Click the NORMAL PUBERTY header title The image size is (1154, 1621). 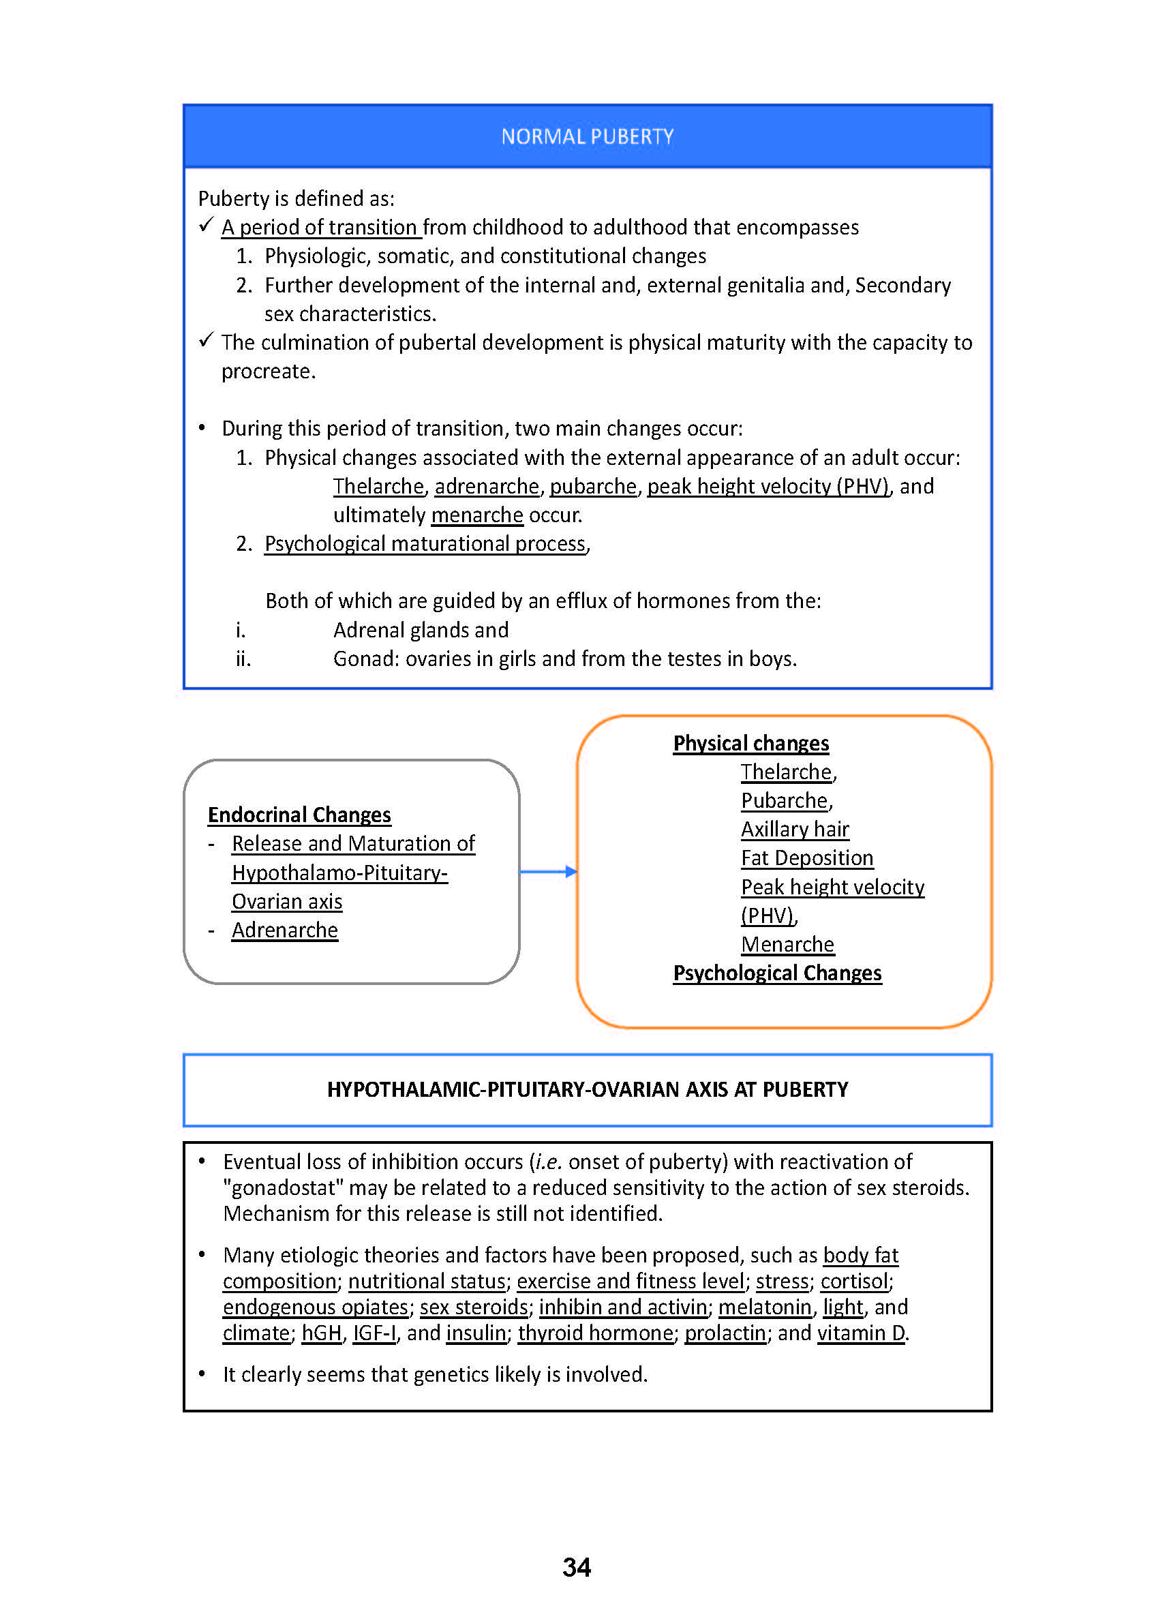(x=587, y=136)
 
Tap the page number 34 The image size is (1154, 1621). (x=576, y=1567)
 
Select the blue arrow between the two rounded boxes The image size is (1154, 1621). (x=548, y=871)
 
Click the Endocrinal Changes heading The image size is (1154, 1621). (x=299, y=815)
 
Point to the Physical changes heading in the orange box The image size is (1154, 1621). (x=750, y=743)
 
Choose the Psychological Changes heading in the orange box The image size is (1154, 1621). (x=776, y=973)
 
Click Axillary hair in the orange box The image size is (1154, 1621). (x=795, y=830)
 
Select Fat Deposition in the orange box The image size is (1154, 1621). (x=806, y=858)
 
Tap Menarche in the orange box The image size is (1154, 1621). (x=787, y=945)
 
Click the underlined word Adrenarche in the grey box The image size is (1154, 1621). (x=285, y=930)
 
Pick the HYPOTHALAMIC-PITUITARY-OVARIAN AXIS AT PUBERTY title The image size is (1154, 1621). (x=587, y=1090)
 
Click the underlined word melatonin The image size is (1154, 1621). (x=765, y=1307)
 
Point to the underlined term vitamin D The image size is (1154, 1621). (x=861, y=1333)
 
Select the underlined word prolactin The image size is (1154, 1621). (x=725, y=1333)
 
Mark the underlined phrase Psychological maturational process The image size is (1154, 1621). (x=425, y=544)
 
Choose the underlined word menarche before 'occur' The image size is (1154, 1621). (x=477, y=515)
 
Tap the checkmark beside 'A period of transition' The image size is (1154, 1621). (x=206, y=225)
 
